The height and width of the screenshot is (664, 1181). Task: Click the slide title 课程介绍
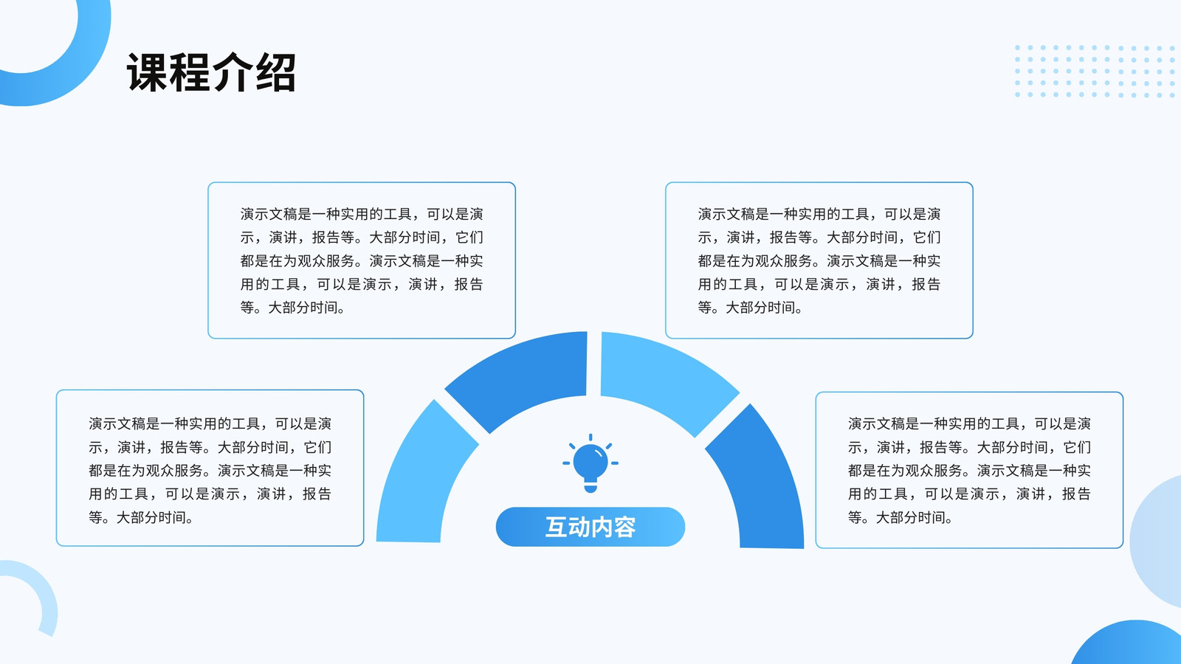point(211,72)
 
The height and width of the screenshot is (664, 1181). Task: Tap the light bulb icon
point(590,464)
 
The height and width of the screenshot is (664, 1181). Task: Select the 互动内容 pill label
point(590,527)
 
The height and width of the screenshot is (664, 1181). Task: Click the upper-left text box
point(362,260)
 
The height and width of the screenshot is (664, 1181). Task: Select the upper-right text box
point(819,260)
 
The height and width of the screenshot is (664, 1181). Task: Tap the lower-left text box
point(210,468)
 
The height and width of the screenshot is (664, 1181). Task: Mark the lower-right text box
point(970,470)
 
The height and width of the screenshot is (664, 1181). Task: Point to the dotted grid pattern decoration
point(1095,71)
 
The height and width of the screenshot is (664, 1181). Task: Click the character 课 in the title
point(147,72)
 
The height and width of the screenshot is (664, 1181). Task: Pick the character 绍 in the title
point(275,72)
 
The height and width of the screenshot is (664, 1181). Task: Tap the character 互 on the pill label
point(557,527)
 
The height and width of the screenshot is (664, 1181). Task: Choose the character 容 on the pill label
point(624,527)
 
